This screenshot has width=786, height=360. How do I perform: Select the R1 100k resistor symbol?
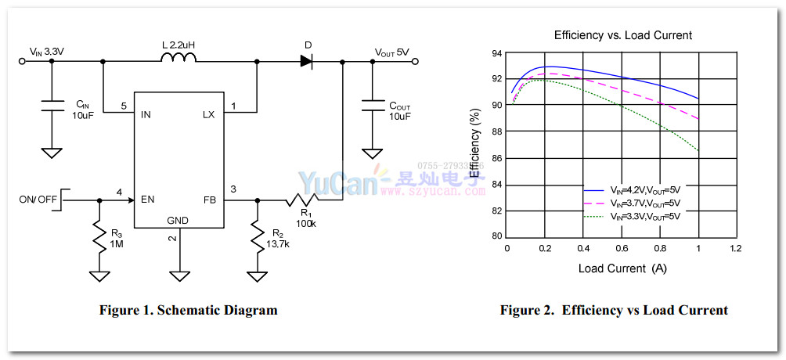tap(301, 200)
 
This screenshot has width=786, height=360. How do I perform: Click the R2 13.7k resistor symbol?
tap(256, 237)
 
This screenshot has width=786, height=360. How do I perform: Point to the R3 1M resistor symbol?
tap(99, 237)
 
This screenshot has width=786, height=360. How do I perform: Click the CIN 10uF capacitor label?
tap(83, 110)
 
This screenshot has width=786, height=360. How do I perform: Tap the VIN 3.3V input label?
tap(46, 52)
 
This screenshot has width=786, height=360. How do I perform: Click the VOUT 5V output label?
tap(391, 52)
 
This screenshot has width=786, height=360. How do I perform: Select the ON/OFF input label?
tap(38, 200)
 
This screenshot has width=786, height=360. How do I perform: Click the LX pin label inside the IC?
tap(208, 114)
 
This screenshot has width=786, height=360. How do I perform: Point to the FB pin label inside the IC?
tap(209, 199)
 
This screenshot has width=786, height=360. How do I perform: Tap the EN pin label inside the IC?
tap(147, 199)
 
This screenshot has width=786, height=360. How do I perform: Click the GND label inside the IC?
tap(178, 221)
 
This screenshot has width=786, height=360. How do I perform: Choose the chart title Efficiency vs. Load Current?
tap(623, 35)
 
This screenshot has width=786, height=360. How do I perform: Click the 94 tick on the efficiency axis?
tap(496, 53)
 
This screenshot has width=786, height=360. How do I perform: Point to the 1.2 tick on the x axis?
tap(735, 248)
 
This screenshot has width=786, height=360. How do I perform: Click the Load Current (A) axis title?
tap(622, 268)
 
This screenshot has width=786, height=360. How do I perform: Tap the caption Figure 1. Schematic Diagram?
tap(188, 310)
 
